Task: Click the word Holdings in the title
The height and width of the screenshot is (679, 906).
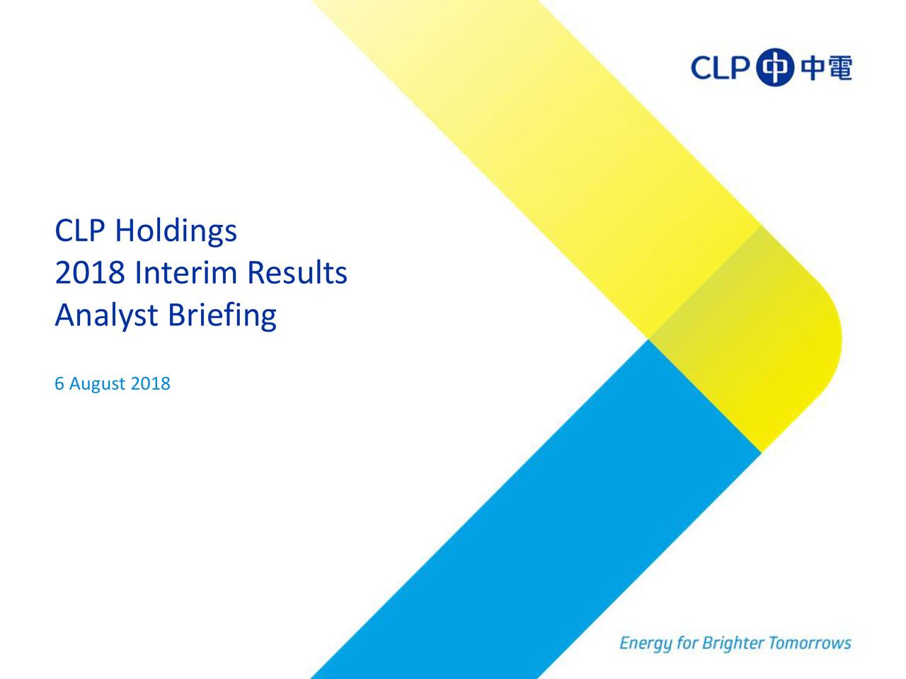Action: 176,231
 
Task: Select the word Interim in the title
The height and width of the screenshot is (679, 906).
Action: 185,272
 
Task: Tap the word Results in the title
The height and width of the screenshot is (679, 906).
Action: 297,272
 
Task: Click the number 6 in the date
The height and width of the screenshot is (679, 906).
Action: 59,383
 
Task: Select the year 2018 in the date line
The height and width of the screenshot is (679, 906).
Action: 150,383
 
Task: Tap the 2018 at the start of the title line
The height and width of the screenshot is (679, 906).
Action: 90,272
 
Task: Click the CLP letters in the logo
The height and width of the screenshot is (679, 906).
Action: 721,68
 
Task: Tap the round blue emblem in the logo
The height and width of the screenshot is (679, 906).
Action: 775,67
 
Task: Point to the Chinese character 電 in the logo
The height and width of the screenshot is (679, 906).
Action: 839,68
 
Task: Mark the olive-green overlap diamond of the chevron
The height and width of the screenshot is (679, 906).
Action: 745,339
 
